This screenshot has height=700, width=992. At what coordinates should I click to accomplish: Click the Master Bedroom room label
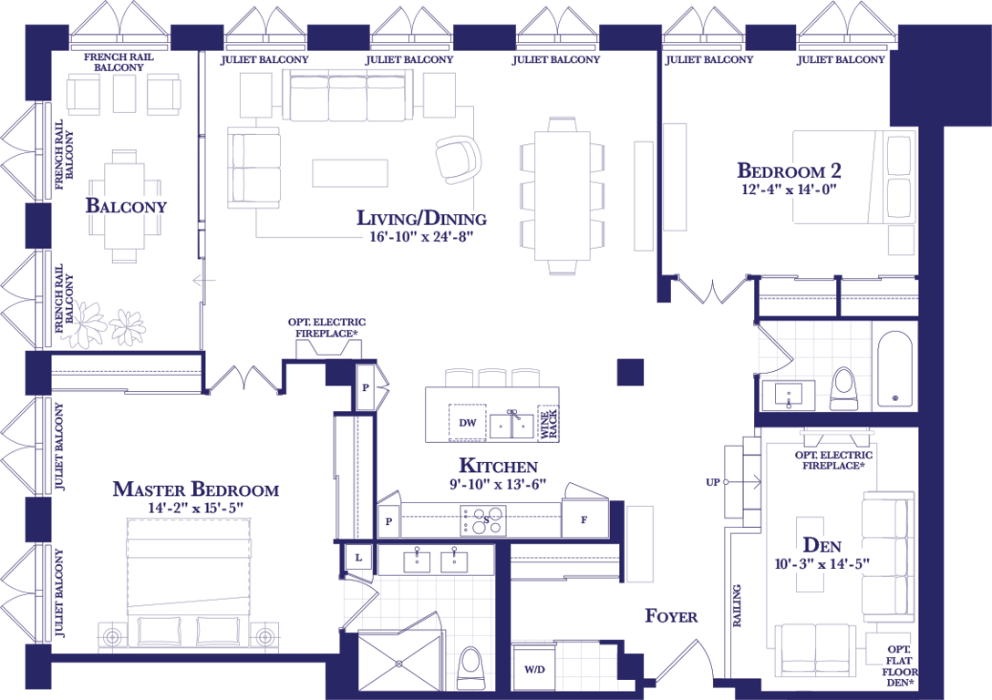point(195,489)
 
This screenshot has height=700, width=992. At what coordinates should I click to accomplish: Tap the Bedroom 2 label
point(789,170)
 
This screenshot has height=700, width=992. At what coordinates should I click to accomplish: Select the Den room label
point(821,545)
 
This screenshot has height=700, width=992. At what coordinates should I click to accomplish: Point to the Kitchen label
point(498,466)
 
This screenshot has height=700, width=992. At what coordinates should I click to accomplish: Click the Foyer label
point(671,616)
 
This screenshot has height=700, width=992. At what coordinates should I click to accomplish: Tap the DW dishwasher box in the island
point(468,422)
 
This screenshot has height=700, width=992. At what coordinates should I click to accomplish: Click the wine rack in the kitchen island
point(548,422)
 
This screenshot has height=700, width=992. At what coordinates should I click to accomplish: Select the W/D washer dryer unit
point(534,668)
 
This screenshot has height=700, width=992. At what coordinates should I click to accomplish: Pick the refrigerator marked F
point(584,520)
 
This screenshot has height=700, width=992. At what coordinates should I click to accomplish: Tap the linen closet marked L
point(358,558)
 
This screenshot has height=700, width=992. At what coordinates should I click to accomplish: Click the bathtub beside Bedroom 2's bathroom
point(894,369)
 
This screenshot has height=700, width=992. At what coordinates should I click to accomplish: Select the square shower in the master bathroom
point(398,662)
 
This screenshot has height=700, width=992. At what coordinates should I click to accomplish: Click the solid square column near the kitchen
point(630,372)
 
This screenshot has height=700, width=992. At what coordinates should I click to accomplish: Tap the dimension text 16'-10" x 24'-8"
point(421,237)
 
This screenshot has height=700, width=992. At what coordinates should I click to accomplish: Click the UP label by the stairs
point(712,482)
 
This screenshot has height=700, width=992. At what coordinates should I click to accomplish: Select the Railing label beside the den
point(737,606)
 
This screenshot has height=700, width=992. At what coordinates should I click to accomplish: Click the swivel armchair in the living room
point(458,160)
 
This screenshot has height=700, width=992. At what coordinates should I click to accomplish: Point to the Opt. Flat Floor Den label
point(900,666)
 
